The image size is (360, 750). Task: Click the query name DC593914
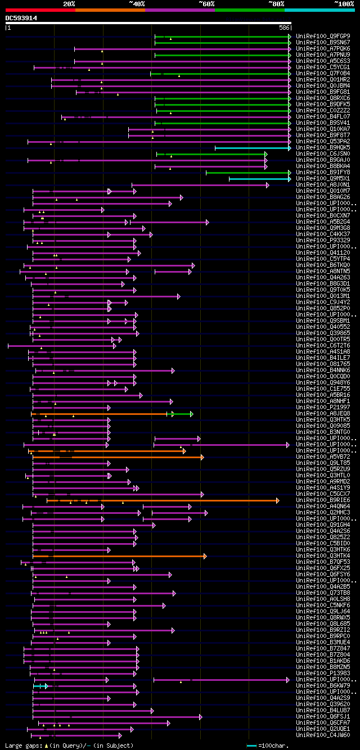click(x=21, y=18)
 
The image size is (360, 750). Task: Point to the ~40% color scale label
click(x=137, y=3)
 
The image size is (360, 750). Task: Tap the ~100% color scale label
click(x=344, y=3)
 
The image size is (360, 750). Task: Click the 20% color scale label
click(x=69, y=3)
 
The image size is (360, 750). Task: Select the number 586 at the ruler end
click(x=284, y=28)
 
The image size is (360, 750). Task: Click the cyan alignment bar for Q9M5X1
click(x=259, y=179)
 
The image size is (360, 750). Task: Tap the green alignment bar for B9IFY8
click(x=247, y=173)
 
